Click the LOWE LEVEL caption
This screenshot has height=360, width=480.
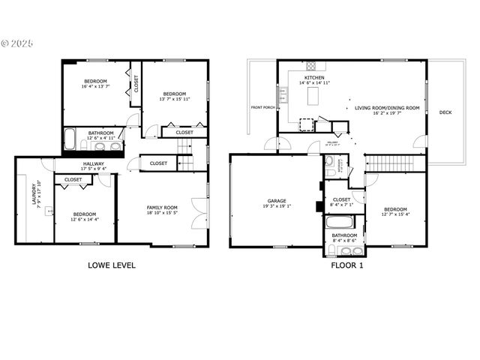(112, 265)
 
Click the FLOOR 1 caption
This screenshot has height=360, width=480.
(347, 265)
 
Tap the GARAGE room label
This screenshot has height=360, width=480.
(277, 201)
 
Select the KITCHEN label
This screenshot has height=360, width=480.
(313, 78)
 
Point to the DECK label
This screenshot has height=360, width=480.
(445, 112)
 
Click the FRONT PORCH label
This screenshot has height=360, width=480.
(263, 107)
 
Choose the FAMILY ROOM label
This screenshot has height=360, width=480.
(161, 208)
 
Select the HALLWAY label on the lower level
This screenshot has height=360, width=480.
(94, 163)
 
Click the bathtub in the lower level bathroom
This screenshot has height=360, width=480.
(69, 139)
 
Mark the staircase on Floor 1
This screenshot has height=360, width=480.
(389, 162)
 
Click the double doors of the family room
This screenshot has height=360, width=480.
(199, 209)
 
